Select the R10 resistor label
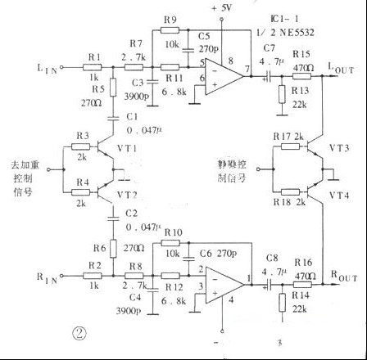172,232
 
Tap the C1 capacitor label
131,117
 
